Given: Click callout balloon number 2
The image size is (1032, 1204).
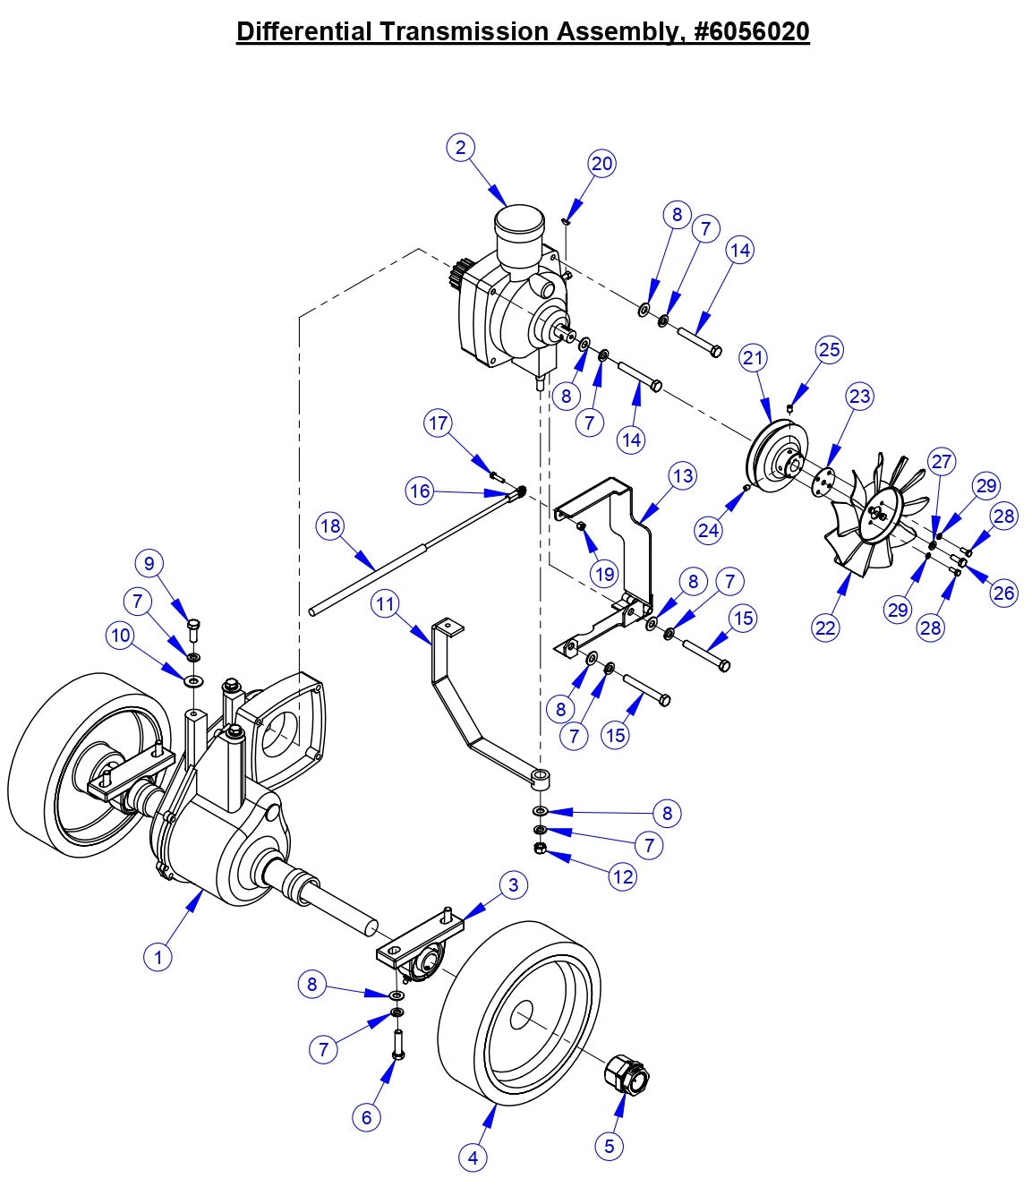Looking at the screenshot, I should [x=461, y=148].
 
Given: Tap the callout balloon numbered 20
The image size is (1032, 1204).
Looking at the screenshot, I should [x=602, y=164].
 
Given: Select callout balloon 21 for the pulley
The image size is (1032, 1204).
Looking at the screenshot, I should [x=754, y=358].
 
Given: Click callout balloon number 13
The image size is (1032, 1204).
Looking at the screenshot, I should [x=682, y=476].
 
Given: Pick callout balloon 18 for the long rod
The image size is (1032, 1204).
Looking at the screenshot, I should [x=330, y=526].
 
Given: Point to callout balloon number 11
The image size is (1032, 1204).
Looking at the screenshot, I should [x=386, y=604].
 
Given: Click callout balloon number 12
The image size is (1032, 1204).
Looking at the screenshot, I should [x=623, y=876].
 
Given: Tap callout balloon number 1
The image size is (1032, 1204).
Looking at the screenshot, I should [x=158, y=957].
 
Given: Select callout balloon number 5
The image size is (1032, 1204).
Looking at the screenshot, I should [x=609, y=1146].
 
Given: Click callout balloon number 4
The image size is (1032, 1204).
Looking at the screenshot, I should [x=473, y=1157].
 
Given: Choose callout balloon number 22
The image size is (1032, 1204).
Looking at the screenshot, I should [x=825, y=628].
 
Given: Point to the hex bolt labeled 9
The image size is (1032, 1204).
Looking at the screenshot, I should [x=193, y=625].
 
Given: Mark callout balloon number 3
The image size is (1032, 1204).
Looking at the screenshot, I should [x=513, y=885].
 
